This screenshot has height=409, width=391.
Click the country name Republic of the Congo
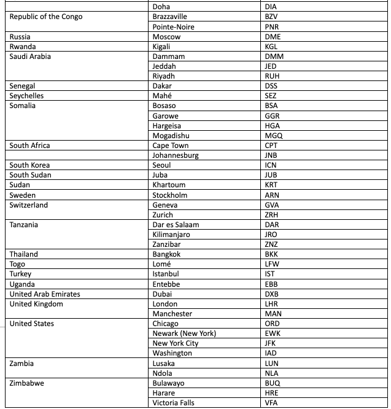[x=45, y=17]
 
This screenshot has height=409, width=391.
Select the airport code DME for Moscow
[x=273, y=37]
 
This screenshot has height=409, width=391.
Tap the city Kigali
[x=161, y=47]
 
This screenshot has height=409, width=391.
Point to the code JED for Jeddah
[x=270, y=66]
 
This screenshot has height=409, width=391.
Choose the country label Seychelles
[x=26, y=96]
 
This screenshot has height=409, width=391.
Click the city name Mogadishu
[x=171, y=136]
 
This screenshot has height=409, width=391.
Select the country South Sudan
[x=30, y=175]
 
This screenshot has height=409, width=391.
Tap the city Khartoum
[x=169, y=185]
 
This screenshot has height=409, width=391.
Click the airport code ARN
[x=272, y=195]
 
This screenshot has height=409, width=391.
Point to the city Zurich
[x=163, y=215]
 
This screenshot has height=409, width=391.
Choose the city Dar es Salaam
[x=176, y=225]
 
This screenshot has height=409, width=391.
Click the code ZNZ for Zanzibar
[x=271, y=244]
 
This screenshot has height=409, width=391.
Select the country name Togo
[x=17, y=264]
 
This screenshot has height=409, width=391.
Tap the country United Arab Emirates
[x=45, y=294]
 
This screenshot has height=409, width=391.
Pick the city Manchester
[x=172, y=314]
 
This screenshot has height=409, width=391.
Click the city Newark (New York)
[x=184, y=333]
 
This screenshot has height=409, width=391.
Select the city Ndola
[x=162, y=373]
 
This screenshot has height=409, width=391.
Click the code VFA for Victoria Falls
[x=271, y=403]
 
